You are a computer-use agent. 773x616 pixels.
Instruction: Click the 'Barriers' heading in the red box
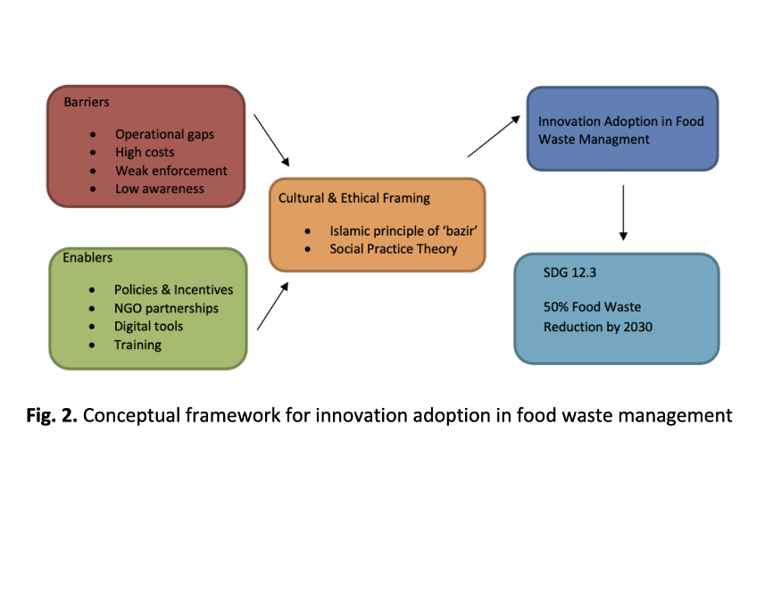click(87, 102)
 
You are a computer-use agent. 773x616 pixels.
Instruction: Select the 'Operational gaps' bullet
click(164, 134)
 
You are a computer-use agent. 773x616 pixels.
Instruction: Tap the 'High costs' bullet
click(145, 153)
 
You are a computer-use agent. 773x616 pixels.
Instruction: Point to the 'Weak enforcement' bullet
click(170, 171)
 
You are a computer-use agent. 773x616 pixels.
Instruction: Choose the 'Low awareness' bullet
click(159, 188)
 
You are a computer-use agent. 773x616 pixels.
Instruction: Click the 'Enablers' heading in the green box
click(87, 257)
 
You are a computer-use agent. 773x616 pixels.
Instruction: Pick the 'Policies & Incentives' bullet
click(173, 289)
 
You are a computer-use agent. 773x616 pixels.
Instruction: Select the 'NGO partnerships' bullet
click(166, 308)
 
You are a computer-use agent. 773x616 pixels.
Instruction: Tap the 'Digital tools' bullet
click(148, 326)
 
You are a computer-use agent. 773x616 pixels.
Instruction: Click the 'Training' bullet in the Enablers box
click(137, 345)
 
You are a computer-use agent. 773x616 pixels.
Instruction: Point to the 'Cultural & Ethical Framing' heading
click(353, 197)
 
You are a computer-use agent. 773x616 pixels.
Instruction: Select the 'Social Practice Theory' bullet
click(393, 248)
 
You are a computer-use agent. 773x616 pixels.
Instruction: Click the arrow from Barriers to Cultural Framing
click(272, 140)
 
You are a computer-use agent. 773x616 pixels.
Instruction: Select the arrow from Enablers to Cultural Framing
click(273, 305)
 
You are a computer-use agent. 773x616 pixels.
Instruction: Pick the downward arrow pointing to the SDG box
click(623, 212)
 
